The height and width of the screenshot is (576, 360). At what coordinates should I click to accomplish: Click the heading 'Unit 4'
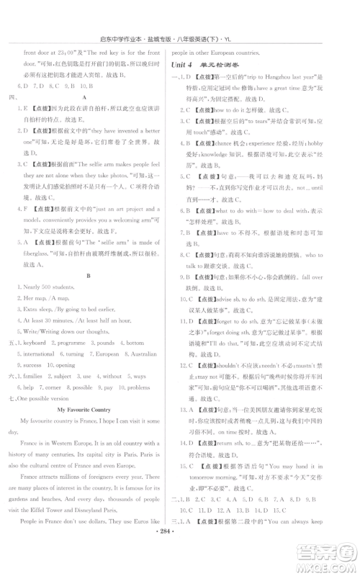pyautogui.click(x=182, y=65)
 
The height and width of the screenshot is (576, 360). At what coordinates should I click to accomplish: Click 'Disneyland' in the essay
pyautogui.click(x=99, y=525)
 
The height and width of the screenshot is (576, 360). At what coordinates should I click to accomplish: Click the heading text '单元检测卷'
pyautogui.click(x=219, y=65)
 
